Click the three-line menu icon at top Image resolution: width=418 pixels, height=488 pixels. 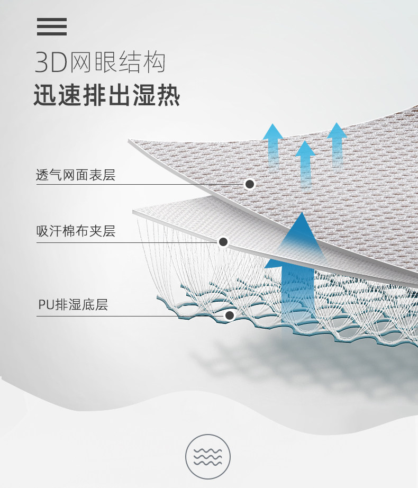(x=52, y=26)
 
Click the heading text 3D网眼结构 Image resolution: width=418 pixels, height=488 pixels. (x=100, y=63)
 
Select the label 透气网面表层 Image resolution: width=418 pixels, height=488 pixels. (x=75, y=175)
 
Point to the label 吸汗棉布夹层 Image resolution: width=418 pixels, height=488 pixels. (x=76, y=231)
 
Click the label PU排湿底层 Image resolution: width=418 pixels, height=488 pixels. (x=73, y=305)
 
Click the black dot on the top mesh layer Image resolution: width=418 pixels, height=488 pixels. (x=250, y=184)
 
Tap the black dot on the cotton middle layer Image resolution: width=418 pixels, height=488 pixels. (x=223, y=242)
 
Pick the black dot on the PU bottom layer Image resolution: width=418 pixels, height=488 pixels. (x=230, y=316)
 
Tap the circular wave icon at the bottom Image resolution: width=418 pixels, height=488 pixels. (x=208, y=457)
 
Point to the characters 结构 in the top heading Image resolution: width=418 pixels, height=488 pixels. (x=146, y=63)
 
